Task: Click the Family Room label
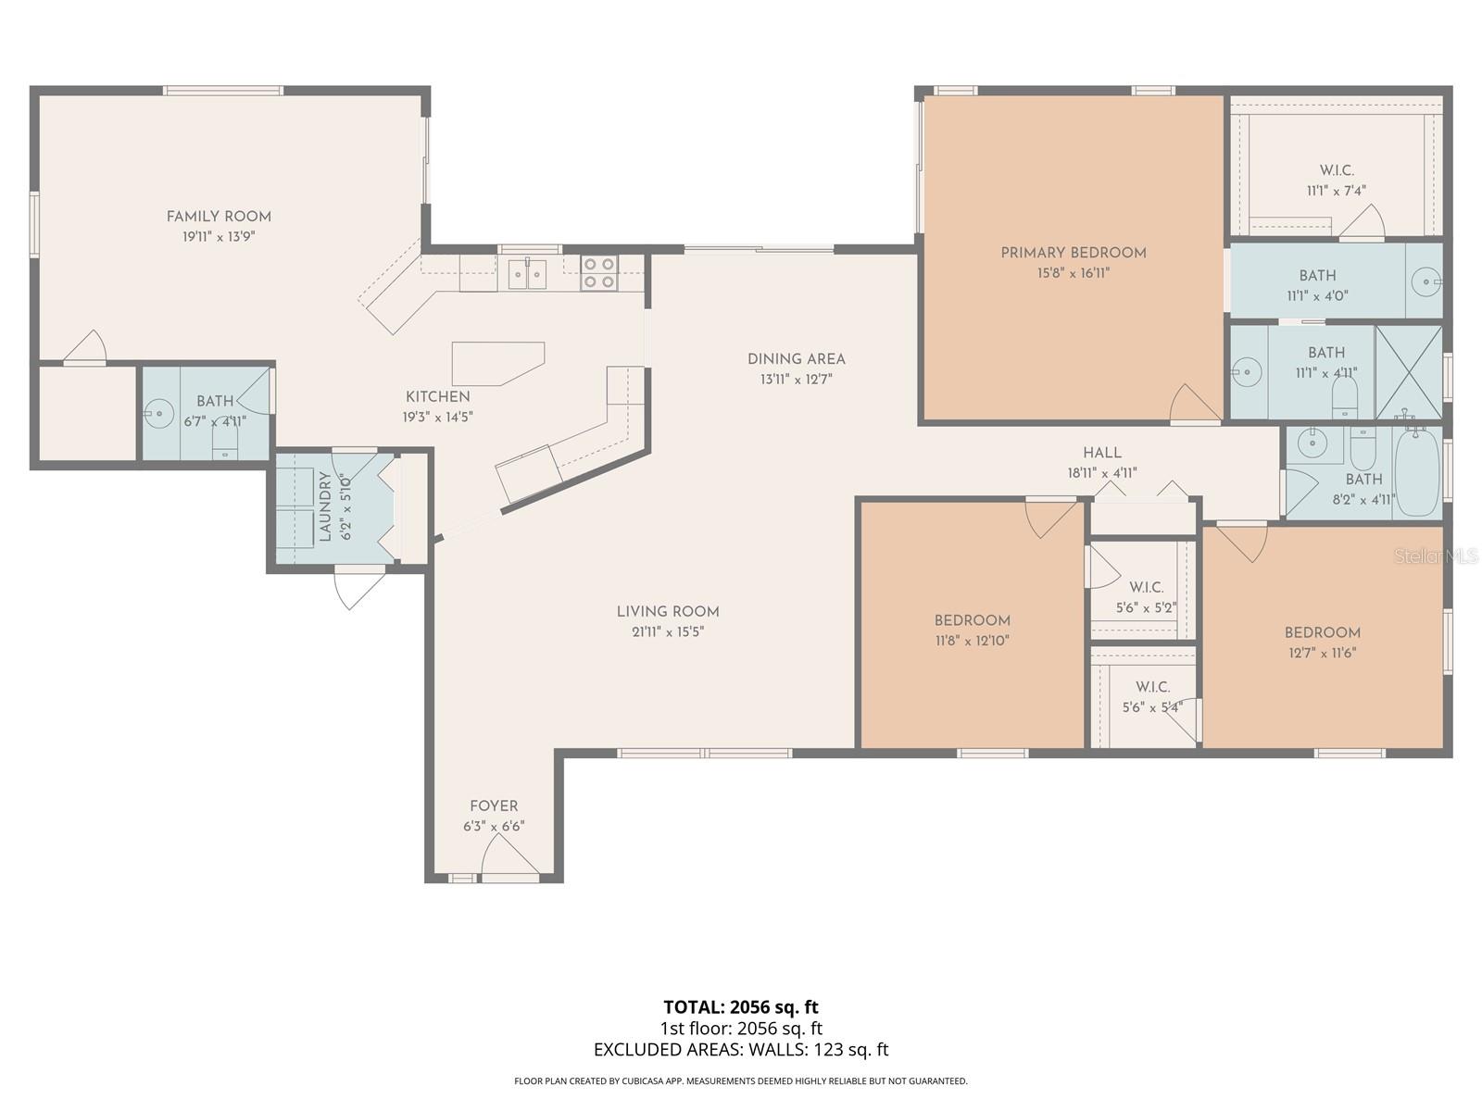219,217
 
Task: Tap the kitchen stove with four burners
598,273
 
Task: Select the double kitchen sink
526,273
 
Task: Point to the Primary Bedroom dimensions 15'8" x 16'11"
1073,273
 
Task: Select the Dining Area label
796,359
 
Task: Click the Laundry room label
325,506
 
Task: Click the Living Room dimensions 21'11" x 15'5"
667,631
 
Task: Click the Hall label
1101,453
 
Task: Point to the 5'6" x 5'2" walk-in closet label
1146,608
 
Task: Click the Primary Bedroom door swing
1193,405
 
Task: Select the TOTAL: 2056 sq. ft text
740,1006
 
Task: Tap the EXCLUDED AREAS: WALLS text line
740,1049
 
